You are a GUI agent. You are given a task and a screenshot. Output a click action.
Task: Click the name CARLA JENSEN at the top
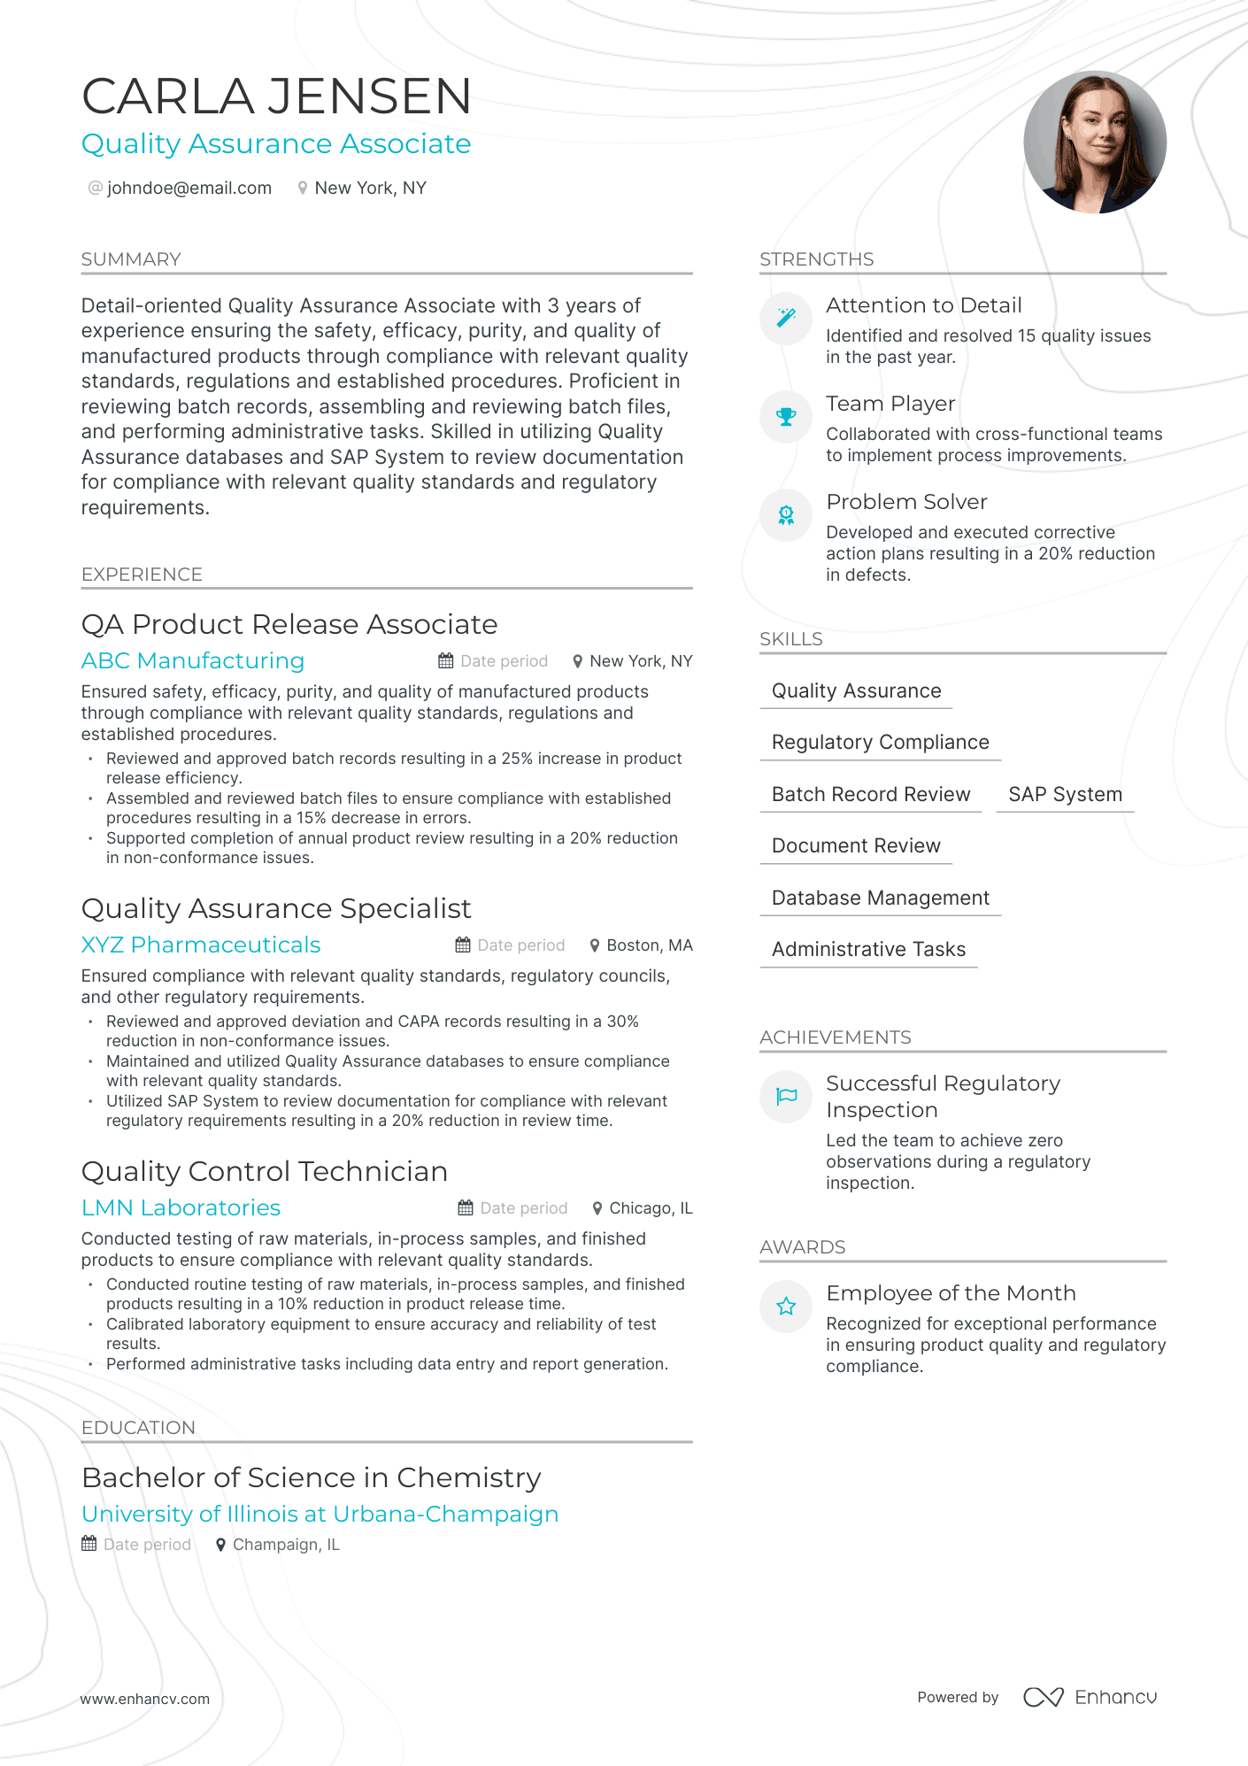tap(276, 96)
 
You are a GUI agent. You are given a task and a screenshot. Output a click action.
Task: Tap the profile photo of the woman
tap(1095, 143)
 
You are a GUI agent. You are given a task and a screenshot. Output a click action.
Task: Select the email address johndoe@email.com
tap(189, 189)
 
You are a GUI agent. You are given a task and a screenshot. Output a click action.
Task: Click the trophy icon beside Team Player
tap(786, 416)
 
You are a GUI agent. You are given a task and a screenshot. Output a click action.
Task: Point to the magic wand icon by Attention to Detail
tap(786, 318)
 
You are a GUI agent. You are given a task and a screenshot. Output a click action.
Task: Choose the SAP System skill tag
tap(1065, 795)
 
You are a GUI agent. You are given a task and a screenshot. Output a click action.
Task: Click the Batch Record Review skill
tap(871, 795)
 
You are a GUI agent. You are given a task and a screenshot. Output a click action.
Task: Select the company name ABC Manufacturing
tap(193, 661)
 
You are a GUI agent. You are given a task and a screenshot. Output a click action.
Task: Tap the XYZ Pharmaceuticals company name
tap(201, 945)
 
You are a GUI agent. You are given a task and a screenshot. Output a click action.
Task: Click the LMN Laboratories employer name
tap(181, 1208)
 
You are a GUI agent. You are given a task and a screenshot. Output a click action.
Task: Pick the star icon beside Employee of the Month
tap(786, 1307)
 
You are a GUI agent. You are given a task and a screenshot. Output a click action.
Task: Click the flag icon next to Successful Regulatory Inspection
tap(786, 1097)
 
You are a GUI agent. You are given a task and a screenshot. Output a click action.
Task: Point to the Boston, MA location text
tap(649, 945)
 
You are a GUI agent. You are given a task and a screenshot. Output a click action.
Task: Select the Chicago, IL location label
tap(651, 1208)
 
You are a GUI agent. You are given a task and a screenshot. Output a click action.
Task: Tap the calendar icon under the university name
tap(89, 1544)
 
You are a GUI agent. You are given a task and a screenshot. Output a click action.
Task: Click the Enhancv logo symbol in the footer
tap(1044, 1697)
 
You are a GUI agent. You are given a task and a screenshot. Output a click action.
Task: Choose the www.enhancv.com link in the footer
tap(145, 1699)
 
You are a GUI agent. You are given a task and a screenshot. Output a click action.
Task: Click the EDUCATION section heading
tap(138, 1428)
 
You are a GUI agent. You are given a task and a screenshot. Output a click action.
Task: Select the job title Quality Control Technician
tap(265, 1172)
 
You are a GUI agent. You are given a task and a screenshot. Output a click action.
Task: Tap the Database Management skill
tap(880, 898)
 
